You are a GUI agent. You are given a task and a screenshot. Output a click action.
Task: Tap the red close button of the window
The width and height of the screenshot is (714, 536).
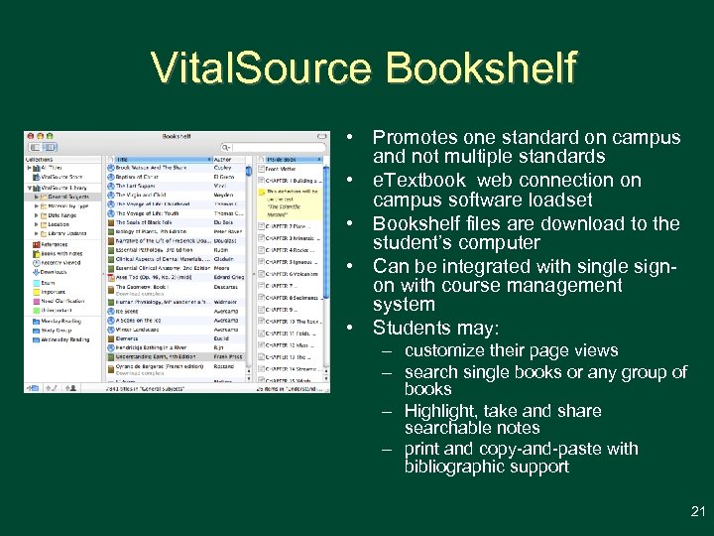[29, 136]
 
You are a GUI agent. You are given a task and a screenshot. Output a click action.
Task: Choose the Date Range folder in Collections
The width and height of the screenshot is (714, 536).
[60, 214]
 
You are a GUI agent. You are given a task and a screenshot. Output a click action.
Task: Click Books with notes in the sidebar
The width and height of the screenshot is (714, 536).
[62, 253]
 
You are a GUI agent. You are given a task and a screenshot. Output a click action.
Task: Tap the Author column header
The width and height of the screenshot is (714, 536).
[224, 159]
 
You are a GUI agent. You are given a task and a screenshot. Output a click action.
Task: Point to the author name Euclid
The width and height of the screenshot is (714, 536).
[223, 338]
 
